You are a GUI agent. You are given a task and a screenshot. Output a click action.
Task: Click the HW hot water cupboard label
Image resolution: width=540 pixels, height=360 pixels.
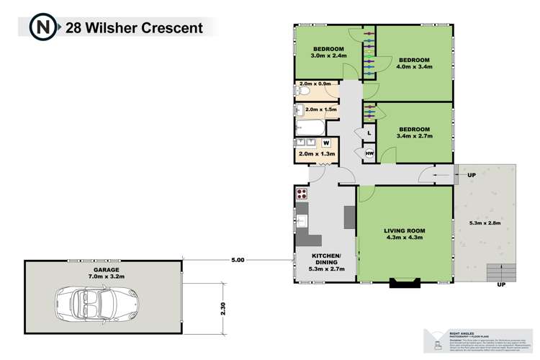pyautogui.click(x=369, y=154)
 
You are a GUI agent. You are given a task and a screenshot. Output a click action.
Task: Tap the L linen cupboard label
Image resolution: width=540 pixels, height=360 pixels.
pyautogui.click(x=369, y=133)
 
